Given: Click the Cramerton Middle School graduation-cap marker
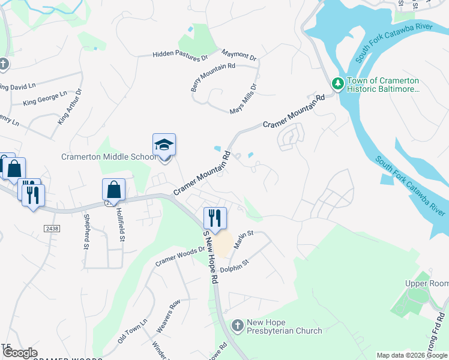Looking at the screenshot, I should pyautogui.click(x=164, y=146).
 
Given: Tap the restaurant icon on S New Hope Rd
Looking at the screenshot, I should pyautogui.click(x=214, y=217).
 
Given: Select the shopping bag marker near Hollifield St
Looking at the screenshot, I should pyautogui.click(x=113, y=190).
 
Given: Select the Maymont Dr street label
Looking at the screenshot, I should pyautogui.click(x=239, y=55).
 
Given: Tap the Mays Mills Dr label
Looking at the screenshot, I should pyautogui.click(x=244, y=99).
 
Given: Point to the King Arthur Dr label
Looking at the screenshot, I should pyautogui.click(x=70, y=107).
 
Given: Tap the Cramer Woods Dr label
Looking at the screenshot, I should pyautogui.click(x=180, y=255).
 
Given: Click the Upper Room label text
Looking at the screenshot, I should pyautogui.click(x=427, y=283).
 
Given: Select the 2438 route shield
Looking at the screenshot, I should pyautogui.click(x=52, y=229).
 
